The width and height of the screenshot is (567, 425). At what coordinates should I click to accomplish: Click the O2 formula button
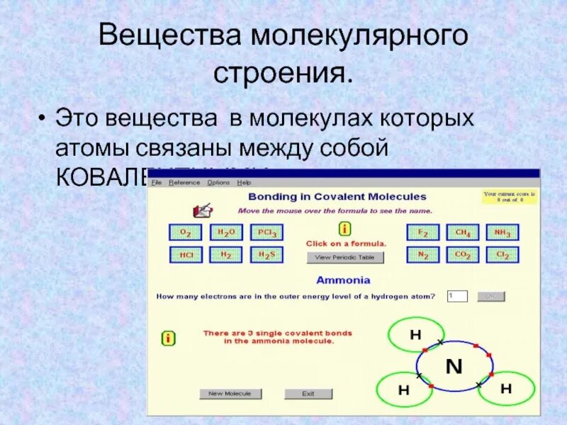(x=186, y=232)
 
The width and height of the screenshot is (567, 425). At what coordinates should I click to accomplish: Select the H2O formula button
(x=226, y=232)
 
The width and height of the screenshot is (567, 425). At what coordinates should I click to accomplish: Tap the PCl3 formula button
(x=267, y=232)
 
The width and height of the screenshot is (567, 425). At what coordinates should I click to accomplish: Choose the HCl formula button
(x=186, y=255)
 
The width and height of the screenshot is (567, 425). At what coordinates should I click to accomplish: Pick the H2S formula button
(x=267, y=255)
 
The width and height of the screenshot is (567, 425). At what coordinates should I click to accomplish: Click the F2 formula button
(x=423, y=232)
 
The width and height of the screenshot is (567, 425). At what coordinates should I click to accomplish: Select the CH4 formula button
(x=463, y=232)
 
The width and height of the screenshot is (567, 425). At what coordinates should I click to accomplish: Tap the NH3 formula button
(x=503, y=232)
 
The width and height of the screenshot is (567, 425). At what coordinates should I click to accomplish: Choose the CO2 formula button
(x=463, y=255)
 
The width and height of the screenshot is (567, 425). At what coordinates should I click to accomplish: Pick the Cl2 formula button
(x=503, y=255)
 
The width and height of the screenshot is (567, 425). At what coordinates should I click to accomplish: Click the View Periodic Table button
(x=345, y=258)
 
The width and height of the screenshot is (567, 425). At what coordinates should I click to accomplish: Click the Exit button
(x=308, y=394)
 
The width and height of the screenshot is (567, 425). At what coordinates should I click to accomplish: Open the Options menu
(x=218, y=183)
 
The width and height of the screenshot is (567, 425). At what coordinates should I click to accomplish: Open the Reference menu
(x=184, y=183)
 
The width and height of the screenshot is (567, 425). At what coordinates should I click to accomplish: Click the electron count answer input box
(x=458, y=296)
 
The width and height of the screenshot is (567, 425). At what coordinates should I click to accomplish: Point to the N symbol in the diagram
(x=454, y=366)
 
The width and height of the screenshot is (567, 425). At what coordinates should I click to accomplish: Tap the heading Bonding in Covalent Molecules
(x=337, y=197)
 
